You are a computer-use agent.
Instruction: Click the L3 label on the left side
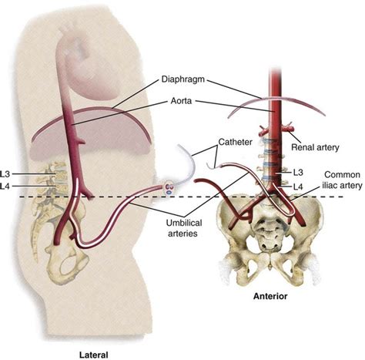pyautogui.click(x=10, y=175)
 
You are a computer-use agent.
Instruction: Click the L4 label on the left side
pyautogui.click(x=10, y=187)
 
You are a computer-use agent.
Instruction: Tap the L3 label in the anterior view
pyautogui.click(x=299, y=171)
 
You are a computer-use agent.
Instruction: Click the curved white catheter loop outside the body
pyautogui.click(x=181, y=159)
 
